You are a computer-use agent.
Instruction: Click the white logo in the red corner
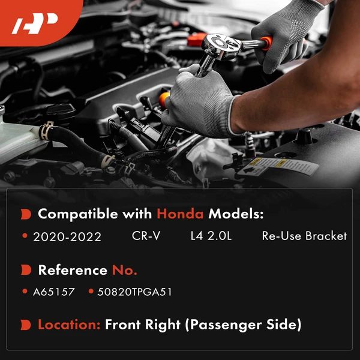[34, 23]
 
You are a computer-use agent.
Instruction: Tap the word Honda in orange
[180, 214]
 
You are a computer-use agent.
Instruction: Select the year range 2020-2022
[67, 237]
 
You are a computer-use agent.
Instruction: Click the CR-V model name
[146, 236]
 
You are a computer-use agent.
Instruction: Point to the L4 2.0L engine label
[211, 236]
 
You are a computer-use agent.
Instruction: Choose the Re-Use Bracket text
[304, 236]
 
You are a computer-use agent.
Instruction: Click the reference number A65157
[54, 292]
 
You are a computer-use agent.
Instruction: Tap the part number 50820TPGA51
[134, 292]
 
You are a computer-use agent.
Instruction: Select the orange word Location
[69, 325]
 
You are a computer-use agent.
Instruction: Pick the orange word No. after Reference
[124, 270]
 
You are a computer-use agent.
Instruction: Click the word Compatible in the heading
[78, 214]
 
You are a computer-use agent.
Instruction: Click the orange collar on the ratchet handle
[267, 43]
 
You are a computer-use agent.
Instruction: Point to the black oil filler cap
[60, 112]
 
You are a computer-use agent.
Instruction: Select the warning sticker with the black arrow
[278, 167]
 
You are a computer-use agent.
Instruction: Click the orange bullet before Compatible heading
[26, 214]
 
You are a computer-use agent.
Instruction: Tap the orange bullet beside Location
[26, 325]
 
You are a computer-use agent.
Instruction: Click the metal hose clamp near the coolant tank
[46, 131]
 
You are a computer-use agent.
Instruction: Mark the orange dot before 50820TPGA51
[91, 291]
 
